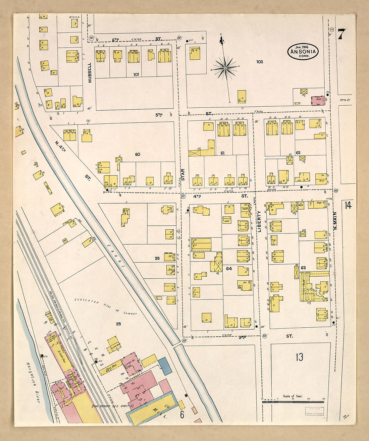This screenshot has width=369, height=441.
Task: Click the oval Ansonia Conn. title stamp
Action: tap(303, 51)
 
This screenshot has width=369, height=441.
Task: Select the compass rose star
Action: tap(225, 68)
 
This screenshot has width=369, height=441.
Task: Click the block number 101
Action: tap(136, 74)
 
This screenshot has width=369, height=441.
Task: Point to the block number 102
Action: tap(259, 62)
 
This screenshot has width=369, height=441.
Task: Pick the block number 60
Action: tap(137, 154)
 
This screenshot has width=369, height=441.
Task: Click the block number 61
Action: tap(222, 153)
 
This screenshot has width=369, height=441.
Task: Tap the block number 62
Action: tap(298, 153)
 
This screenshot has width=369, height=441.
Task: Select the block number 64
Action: tap(229, 268)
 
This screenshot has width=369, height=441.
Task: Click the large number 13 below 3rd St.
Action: tap(299, 357)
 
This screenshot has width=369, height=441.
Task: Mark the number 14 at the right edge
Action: tap(348, 205)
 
